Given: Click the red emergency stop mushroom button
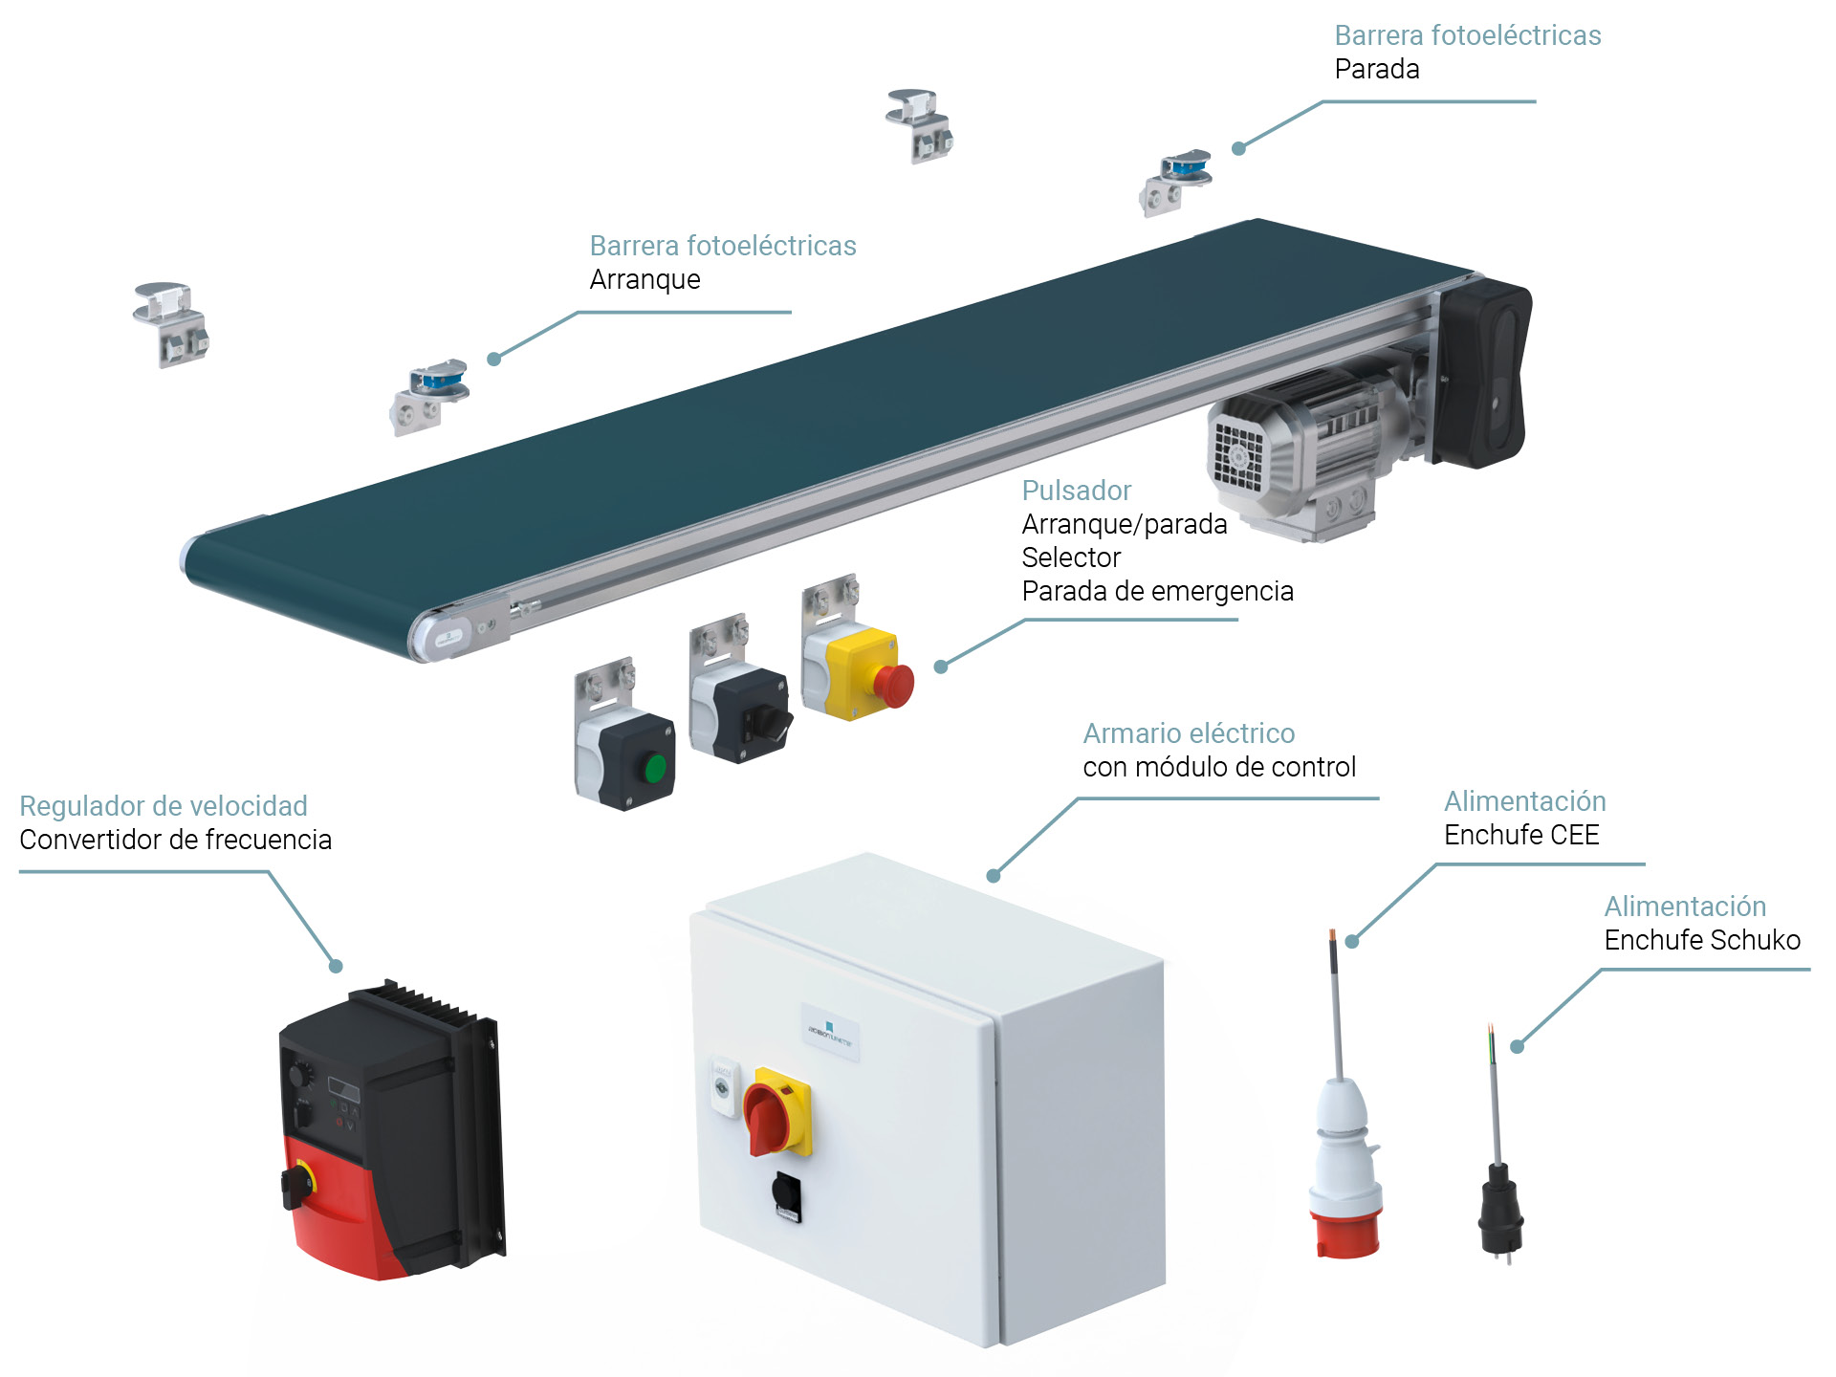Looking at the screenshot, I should [894, 685].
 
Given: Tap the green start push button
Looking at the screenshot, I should [655, 768].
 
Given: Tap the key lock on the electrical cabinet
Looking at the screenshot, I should [723, 1087].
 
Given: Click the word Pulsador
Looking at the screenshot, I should [1076, 491].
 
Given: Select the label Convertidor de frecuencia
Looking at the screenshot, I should [175, 840].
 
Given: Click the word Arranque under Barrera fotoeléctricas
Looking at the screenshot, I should [645, 279].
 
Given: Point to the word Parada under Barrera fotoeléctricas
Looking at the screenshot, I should [1376, 69].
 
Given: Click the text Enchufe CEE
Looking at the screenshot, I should [1520, 835].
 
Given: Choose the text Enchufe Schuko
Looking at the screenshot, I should [1701, 940].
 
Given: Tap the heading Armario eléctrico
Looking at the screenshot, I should [1188, 733].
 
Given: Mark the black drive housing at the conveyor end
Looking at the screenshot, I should [1483, 373].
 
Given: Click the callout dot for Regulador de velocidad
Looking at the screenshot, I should [336, 966].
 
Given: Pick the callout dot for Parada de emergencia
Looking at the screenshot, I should [941, 667].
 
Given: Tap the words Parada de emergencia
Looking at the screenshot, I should [1157, 591].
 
